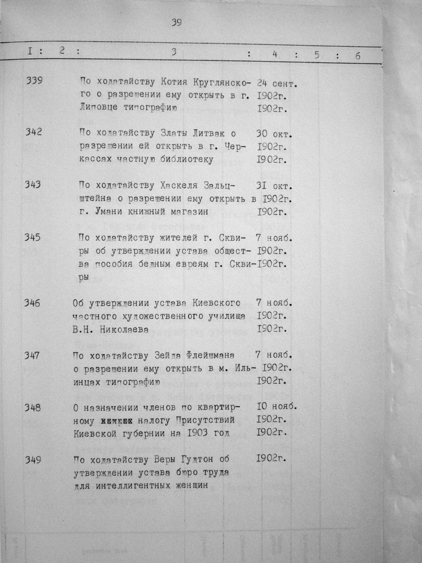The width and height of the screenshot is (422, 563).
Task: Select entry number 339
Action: coord(34,81)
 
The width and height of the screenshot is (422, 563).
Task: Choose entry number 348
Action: coord(33,408)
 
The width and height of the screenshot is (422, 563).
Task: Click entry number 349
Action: coord(33,459)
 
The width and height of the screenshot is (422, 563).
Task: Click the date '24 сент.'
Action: coord(277,84)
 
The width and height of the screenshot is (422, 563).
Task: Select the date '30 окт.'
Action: coord(274,134)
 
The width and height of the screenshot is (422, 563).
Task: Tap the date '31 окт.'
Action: coord(274,186)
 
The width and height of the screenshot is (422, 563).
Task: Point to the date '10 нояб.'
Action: coord(277,406)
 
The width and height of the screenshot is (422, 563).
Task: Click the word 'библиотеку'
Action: coord(188,160)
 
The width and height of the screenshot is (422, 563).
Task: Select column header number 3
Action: coord(174,52)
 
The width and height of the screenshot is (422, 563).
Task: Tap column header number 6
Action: coord(357,56)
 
